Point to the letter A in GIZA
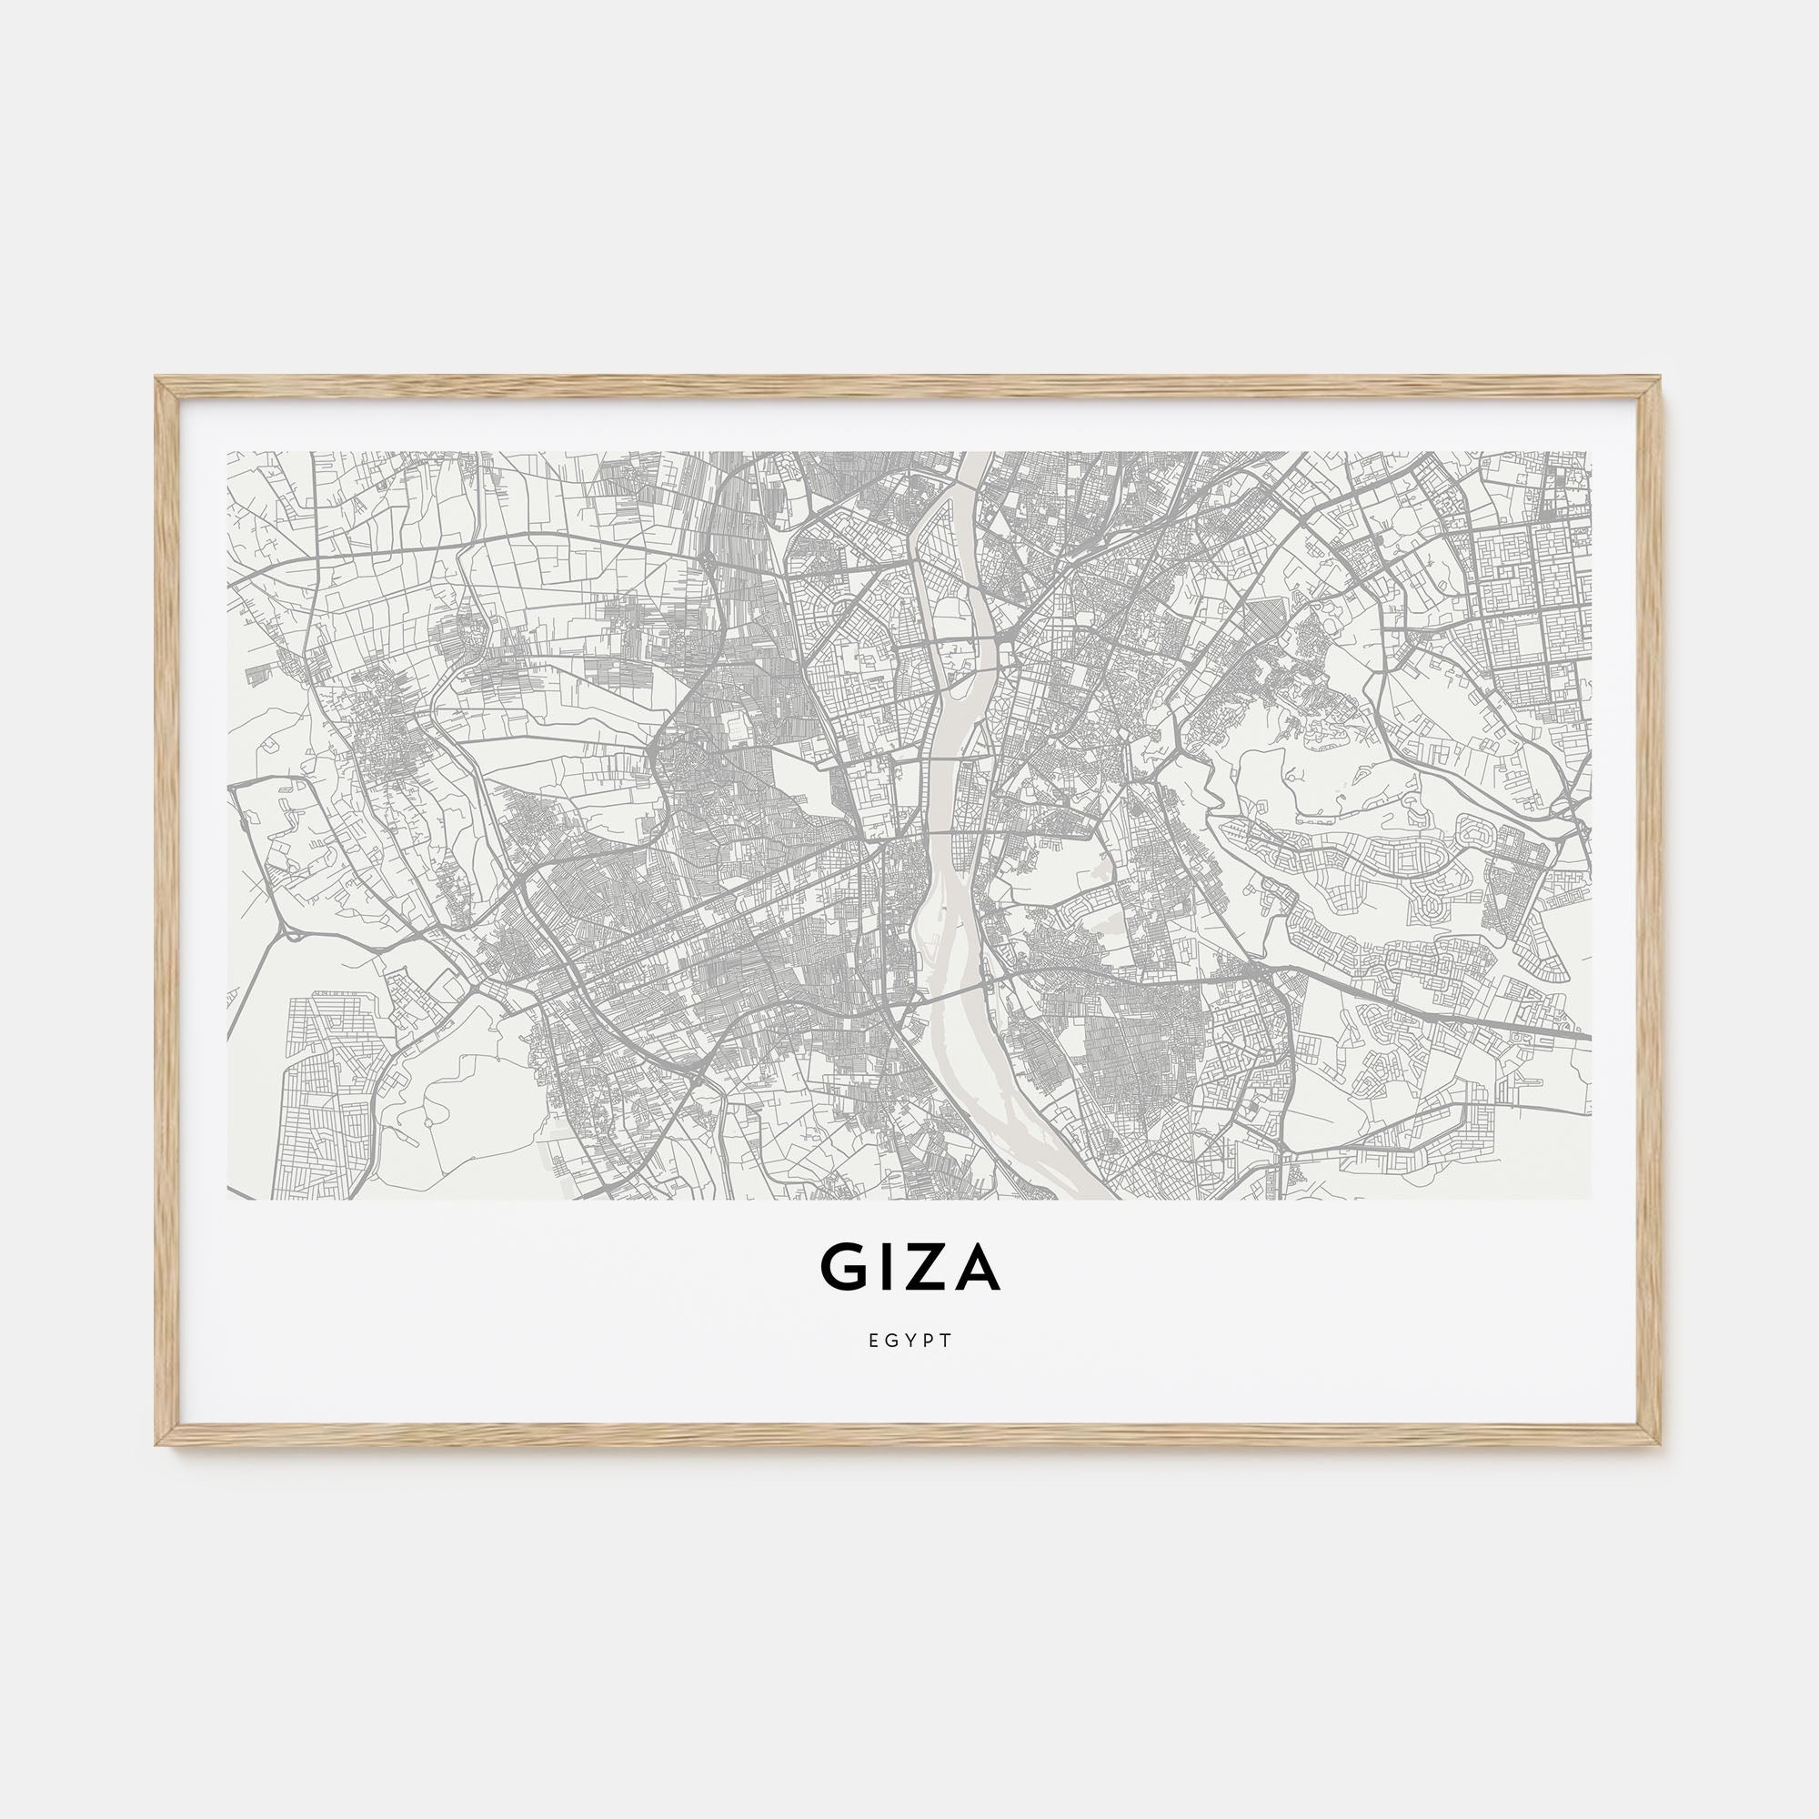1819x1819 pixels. [975, 1268]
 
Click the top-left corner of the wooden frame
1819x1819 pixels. [158, 379]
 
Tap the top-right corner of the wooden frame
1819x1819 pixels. [1661, 379]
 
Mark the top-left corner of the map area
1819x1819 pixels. [228, 453]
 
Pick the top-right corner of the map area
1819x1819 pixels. [1591, 453]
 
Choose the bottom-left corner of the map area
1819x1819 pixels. [228, 1200]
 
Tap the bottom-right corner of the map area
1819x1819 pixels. [1591, 1200]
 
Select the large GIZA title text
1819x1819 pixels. [910, 1268]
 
